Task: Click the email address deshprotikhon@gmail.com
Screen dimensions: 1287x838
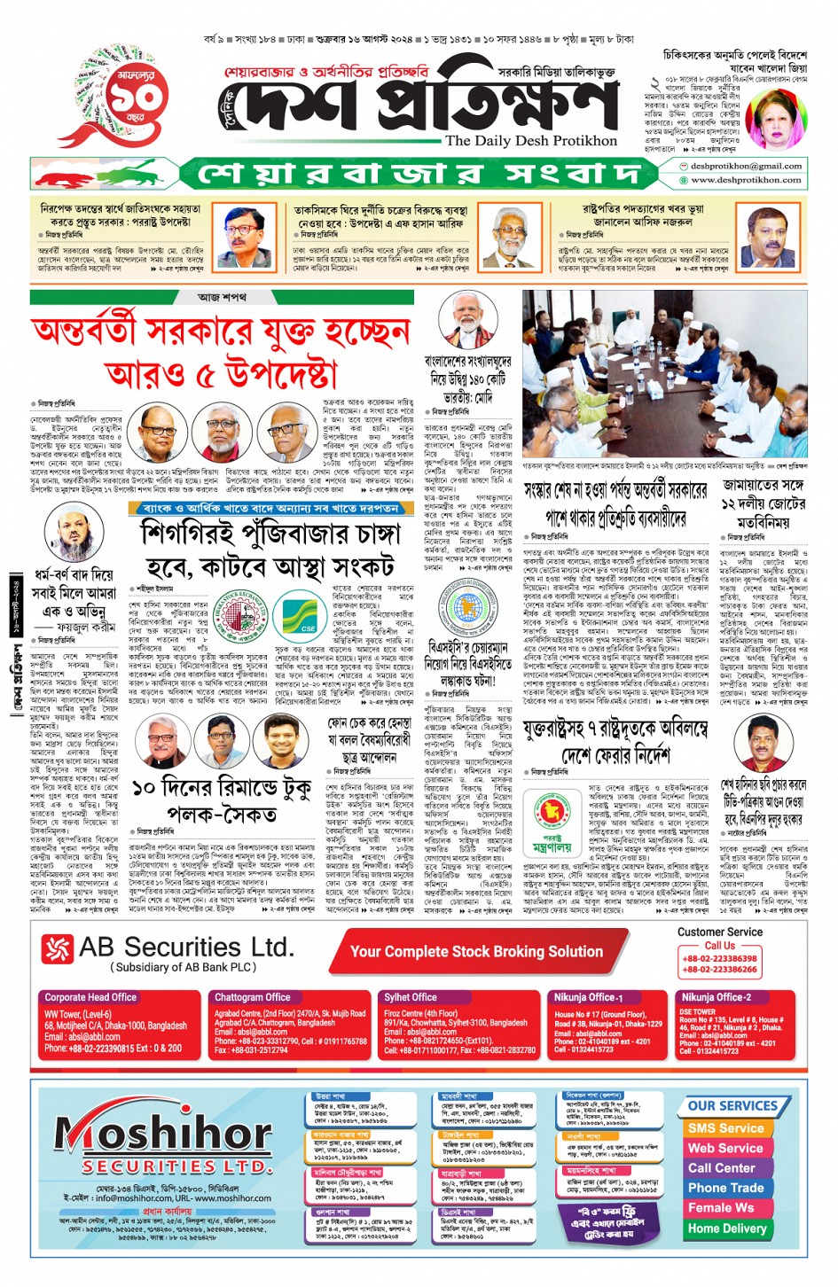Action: click(x=746, y=166)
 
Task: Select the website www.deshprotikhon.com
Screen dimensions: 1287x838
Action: click(x=746, y=180)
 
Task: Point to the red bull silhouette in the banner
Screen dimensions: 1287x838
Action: click(x=67, y=175)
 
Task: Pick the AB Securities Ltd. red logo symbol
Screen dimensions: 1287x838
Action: click(x=58, y=949)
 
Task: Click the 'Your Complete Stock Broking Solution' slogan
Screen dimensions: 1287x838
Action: click(x=476, y=951)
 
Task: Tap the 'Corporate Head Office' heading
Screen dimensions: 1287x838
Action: click(x=90, y=997)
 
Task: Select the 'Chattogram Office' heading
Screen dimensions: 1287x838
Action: click(x=253, y=997)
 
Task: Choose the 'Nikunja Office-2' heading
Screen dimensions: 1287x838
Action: click(x=717, y=997)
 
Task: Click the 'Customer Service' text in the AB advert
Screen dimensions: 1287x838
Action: click(x=719, y=932)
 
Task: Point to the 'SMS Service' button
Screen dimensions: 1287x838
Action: click(x=724, y=1128)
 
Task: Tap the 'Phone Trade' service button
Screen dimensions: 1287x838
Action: click(x=724, y=1188)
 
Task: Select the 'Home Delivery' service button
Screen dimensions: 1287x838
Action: click(x=726, y=1228)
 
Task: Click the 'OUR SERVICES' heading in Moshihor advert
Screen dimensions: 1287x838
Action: click(x=732, y=1106)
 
